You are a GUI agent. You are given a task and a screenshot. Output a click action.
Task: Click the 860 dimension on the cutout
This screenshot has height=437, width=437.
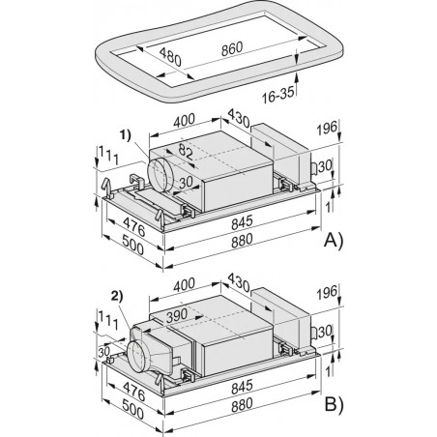pos(232,48)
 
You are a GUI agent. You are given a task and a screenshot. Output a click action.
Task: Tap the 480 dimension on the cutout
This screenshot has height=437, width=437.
pos(170,57)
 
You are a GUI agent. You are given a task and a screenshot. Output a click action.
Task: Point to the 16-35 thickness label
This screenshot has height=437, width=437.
pos(277,95)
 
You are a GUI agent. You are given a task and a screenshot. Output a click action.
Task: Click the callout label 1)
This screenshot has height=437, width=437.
pos(126,135)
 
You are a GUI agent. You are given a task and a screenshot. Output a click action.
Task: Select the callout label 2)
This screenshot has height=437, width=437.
pos(117,297)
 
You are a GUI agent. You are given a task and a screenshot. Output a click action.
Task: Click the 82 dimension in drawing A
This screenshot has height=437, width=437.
pos(186,151)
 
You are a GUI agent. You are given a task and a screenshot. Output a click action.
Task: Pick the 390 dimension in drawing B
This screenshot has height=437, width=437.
pos(177,316)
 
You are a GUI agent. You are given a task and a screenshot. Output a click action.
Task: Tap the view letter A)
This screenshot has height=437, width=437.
pos(334,241)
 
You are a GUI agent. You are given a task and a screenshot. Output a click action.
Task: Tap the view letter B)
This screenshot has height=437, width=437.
pos(335,403)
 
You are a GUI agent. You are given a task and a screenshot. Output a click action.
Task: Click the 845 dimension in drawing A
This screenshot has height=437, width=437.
pos(242,222)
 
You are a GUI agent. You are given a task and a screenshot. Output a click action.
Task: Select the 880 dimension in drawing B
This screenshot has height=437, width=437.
pos(242,404)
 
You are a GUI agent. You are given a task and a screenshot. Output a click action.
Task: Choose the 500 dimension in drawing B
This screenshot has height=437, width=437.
pos(133,408)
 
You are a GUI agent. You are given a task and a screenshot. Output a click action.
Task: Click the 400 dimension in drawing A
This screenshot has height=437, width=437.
pos(184,121)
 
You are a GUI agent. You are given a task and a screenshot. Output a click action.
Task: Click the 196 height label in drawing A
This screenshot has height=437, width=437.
pos(327,129)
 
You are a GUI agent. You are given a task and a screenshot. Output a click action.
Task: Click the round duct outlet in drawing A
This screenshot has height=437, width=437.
pos(160,174)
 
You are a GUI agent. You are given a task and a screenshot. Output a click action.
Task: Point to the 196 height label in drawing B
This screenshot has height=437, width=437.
pos(327,292)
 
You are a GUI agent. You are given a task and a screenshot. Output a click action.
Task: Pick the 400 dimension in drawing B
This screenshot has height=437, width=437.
pos(184,285)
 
